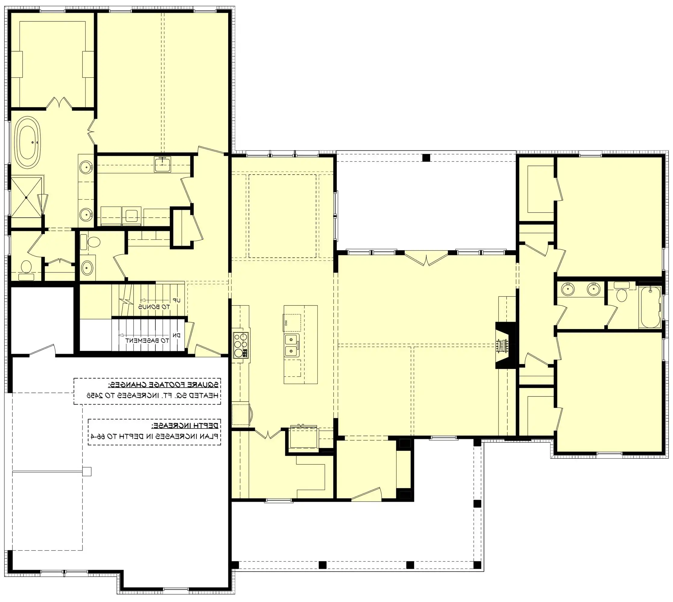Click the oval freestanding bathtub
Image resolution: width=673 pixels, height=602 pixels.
coord(29,143)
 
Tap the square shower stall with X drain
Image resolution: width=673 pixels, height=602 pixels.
coord(26,197)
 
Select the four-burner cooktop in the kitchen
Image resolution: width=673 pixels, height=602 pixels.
coord(241,345)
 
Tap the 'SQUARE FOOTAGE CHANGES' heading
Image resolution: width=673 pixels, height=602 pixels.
coord(164,385)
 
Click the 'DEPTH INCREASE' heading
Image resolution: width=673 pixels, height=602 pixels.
coord(185,425)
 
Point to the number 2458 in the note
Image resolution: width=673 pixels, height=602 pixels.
coord(94,395)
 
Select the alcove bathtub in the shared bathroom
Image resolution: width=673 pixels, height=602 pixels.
coord(650,307)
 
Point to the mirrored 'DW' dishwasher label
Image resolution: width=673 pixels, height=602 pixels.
coord(285,322)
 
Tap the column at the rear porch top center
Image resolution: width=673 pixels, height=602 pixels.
coord(426,157)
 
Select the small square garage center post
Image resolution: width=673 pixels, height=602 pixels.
coord(87,471)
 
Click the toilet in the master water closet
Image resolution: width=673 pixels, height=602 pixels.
coord(26,268)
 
